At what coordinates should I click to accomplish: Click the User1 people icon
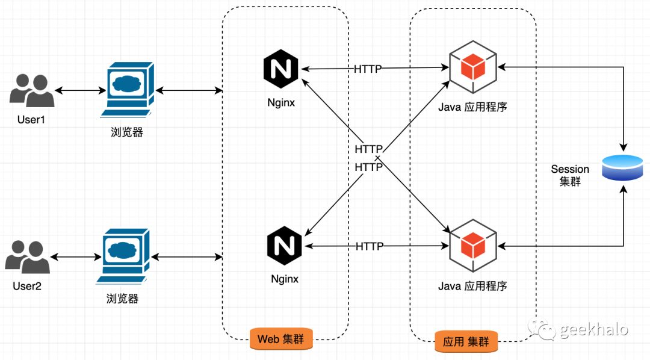tap(32, 90)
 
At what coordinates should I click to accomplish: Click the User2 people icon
tap(28, 256)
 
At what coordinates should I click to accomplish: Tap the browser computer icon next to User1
tap(127, 90)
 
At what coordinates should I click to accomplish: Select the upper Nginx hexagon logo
tap(281, 69)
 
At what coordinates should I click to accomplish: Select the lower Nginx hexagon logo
tap(284, 246)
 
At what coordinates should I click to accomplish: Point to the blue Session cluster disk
tap(623, 167)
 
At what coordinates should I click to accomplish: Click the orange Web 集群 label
tap(281, 340)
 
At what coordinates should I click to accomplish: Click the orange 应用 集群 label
tap(466, 342)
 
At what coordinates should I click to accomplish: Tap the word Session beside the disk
tap(569, 169)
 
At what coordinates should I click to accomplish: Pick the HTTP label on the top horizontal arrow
tap(368, 69)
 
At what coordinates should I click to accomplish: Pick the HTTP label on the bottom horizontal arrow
tap(370, 246)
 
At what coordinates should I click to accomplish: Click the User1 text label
tap(31, 120)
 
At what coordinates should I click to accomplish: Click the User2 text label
tap(27, 286)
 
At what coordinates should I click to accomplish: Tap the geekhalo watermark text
tap(593, 329)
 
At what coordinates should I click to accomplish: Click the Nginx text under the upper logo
tap(281, 102)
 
